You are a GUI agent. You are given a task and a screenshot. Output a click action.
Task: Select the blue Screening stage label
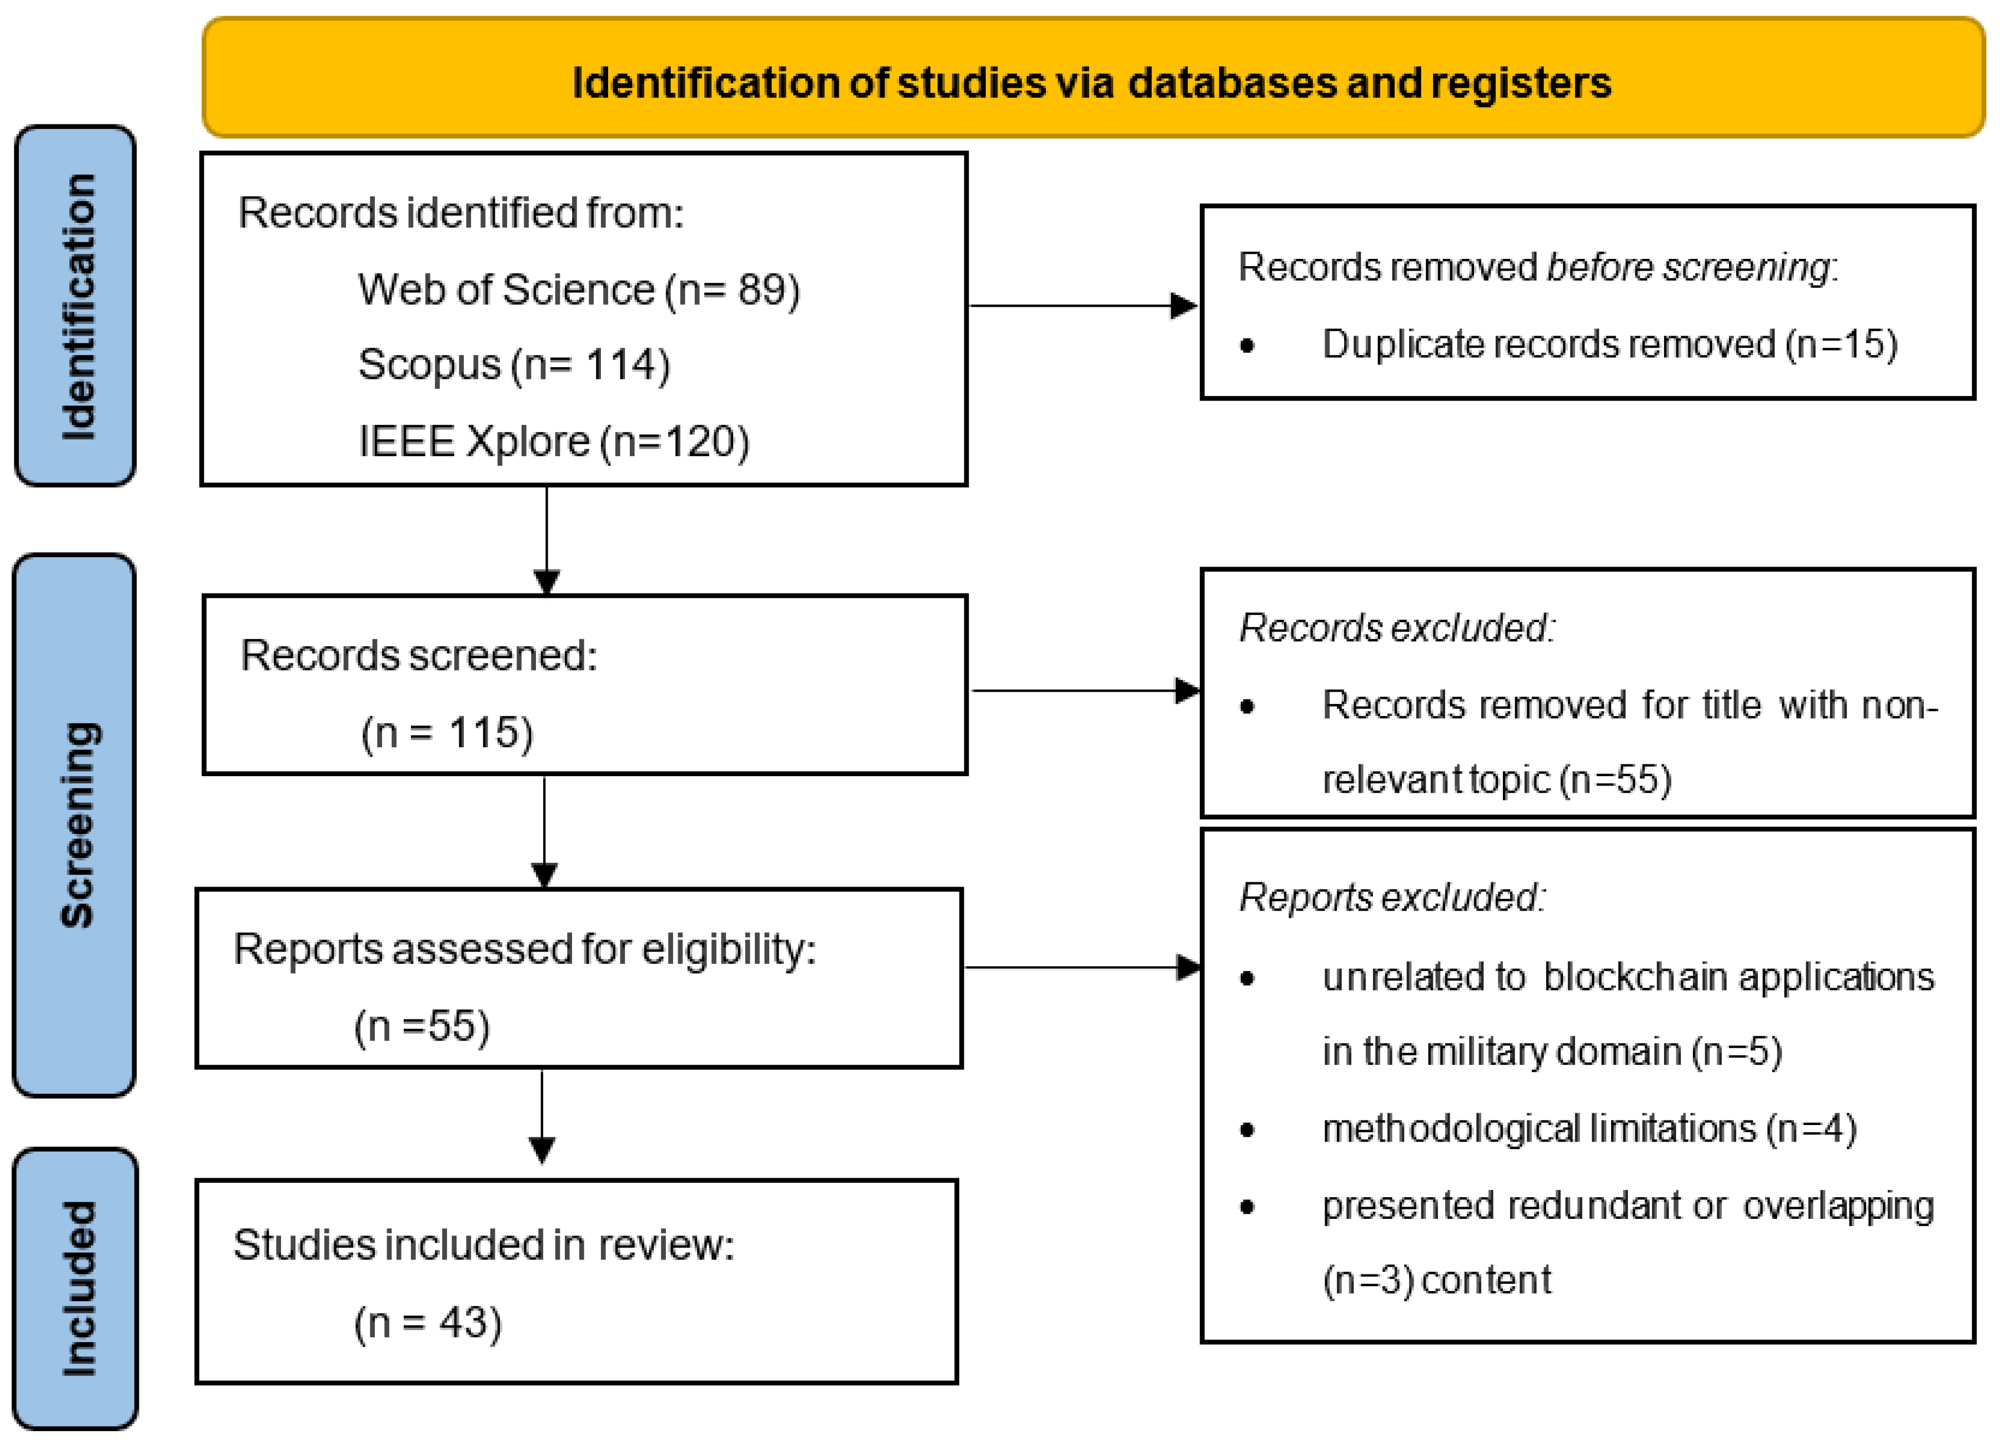(76, 825)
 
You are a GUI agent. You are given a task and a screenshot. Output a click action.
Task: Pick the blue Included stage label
(76, 1288)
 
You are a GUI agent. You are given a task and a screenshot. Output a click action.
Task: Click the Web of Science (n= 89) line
(579, 289)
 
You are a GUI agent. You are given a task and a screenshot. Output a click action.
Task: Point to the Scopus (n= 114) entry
(514, 364)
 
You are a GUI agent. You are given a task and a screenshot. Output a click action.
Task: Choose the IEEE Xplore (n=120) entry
(554, 441)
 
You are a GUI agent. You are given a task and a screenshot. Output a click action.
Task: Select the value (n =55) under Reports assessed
(422, 1026)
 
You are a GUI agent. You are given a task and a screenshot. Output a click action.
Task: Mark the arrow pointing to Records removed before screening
(1085, 306)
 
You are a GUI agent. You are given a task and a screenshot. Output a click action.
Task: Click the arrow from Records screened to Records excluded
(1086, 691)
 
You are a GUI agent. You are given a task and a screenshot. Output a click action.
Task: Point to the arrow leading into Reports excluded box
(1083, 968)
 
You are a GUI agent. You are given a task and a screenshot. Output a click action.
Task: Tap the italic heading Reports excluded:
(1391, 897)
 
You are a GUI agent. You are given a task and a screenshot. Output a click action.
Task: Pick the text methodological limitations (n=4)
(1589, 1129)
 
